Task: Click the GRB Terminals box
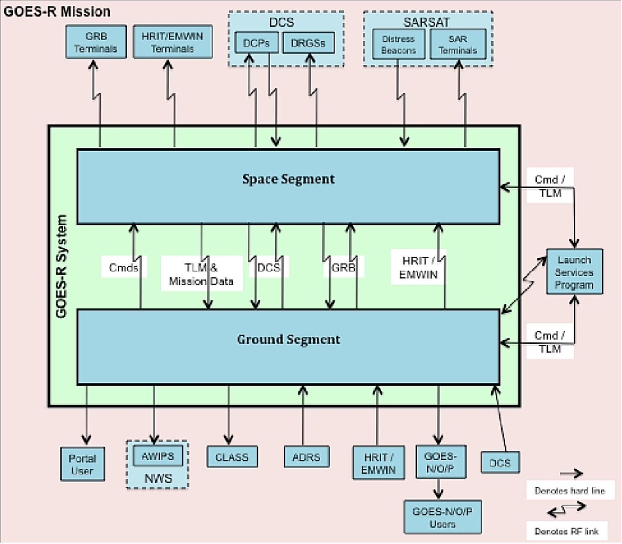96,42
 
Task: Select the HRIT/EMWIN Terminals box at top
172,42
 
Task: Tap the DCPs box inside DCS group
256,43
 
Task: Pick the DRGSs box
308,43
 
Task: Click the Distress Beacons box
398,44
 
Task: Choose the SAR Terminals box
458,44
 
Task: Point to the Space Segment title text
288,179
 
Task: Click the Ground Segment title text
288,339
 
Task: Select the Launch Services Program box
574,272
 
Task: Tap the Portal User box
82,464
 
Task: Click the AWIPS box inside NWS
158,456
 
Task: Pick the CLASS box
232,457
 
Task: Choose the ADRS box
306,457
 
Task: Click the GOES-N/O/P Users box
442,517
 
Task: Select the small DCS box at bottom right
500,463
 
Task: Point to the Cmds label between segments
124,267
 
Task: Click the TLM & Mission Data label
201,274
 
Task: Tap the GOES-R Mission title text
57,12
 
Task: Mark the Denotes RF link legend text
566,531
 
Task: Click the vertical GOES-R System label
61,266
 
